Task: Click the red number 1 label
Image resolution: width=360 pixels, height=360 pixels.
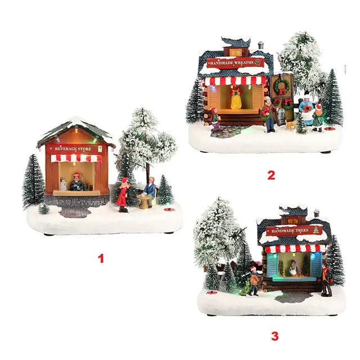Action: point(101,259)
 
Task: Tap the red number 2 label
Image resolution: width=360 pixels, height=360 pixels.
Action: point(271,175)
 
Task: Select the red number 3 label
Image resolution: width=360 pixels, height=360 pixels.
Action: point(275,336)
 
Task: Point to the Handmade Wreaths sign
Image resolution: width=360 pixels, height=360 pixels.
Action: point(235,62)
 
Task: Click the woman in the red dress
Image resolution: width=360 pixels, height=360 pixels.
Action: point(123,194)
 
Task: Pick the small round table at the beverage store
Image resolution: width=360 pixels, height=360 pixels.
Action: point(144,201)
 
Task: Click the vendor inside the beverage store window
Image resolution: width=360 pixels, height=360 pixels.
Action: point(76,182)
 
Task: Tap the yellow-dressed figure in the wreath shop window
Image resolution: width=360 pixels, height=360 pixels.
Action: point(236,97)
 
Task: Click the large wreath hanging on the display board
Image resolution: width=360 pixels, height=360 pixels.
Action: point(282,85)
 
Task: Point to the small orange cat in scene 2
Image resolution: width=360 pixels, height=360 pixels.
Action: point(290,125)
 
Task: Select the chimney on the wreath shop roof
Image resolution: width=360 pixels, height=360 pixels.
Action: point(260,45)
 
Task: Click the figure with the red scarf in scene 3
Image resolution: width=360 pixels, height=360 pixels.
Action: point(326,280)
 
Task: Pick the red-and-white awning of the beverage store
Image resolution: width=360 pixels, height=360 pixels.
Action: point(76,158)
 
